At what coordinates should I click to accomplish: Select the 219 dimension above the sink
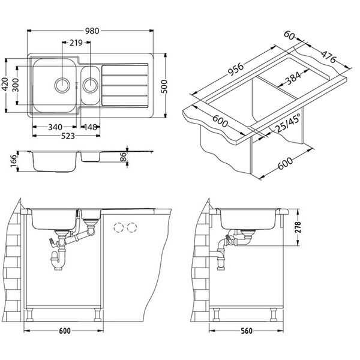tap(76, 44)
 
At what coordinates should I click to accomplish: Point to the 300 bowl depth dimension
tap(21, 85)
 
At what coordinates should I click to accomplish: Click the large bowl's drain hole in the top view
tap(62, 85)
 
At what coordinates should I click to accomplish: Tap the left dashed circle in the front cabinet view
tap(119, 226)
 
